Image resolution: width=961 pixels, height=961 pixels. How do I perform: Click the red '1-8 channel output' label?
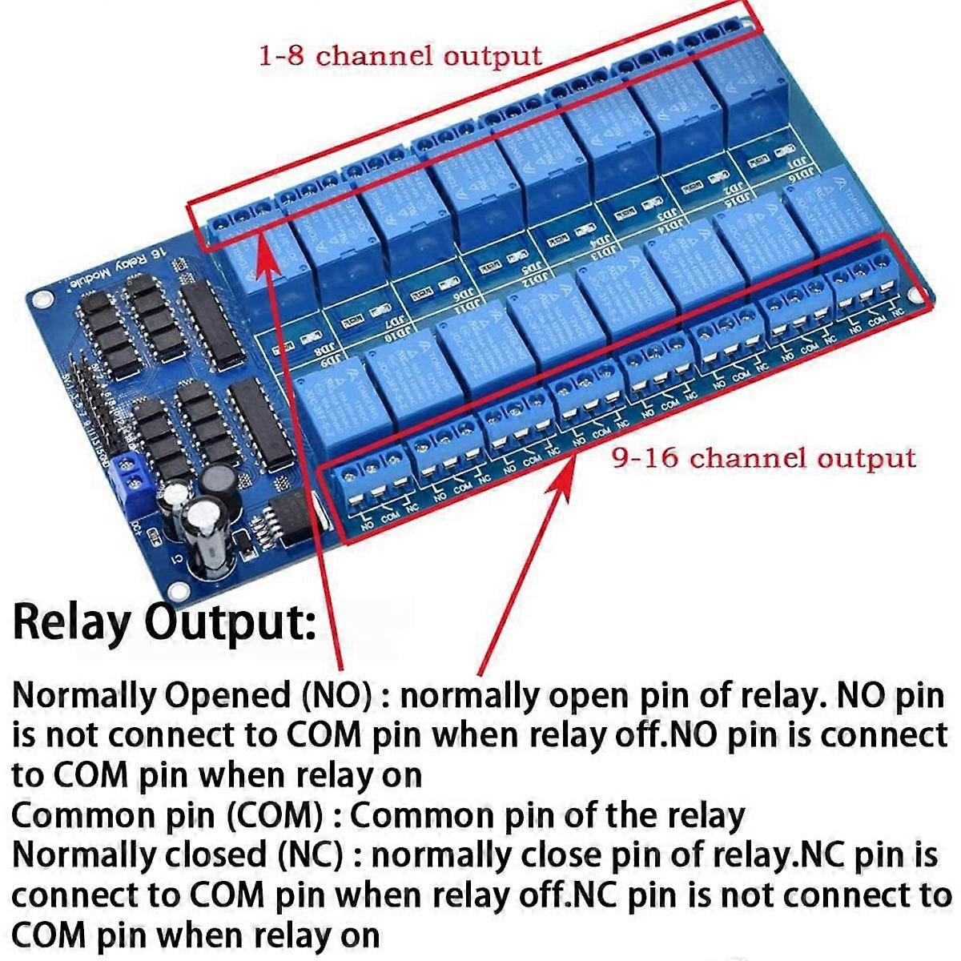[x=399, y=56]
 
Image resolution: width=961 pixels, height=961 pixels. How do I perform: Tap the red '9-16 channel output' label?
[x=762, y=458]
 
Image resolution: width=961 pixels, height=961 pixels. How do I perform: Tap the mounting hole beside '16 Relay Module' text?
[x=38, y=300]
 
